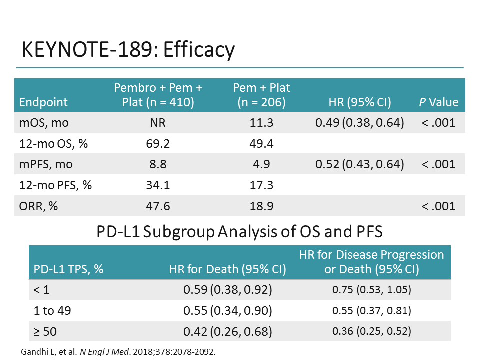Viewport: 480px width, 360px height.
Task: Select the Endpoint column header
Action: [43, 102]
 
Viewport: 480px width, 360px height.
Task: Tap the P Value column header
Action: [438, 102]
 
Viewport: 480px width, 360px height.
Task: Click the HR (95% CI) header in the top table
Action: [359, 102]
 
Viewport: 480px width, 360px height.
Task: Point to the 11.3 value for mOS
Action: [261, 122]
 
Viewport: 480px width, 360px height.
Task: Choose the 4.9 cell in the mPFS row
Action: [261, 164]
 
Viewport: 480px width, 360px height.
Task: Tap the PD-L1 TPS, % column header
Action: [69, 270]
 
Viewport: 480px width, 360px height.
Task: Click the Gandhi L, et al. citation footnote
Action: [118, 351]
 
